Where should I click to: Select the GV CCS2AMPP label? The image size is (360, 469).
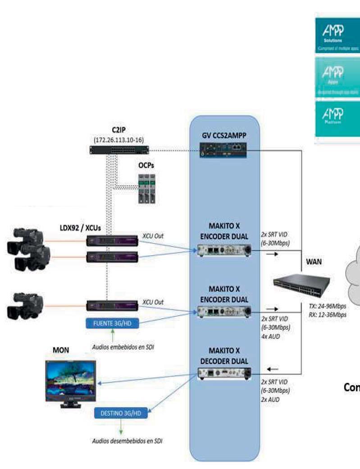[x=225, y=135]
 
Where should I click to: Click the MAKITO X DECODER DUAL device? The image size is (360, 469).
[x=224, y=374]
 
